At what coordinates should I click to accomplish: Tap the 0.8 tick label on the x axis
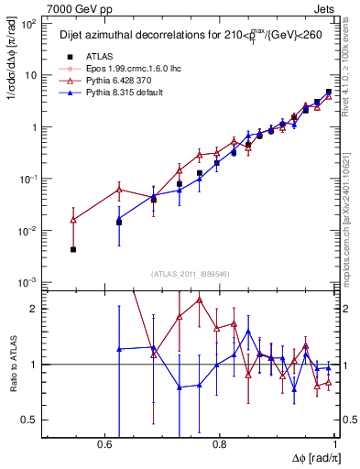coord(219,443)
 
